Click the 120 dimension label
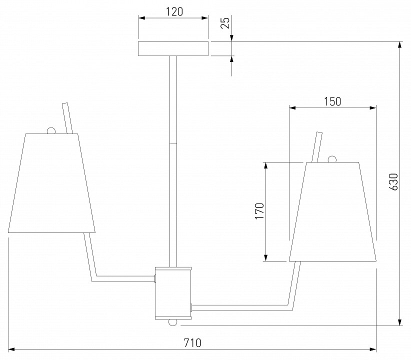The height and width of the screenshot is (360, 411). pyautogui.click(x=174, y=11)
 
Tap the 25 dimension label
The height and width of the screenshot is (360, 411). pyautogui.click(x=225, y=22)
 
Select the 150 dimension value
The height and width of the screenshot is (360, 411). pyautogui.click(x=332, y=101)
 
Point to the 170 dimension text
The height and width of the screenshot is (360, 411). pyautogui.click(x=259, y=211)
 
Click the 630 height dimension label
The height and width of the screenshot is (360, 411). pyautogui.click(x=393, y=181)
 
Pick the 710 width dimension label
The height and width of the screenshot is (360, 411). pyautogui.click(x=192, y=343)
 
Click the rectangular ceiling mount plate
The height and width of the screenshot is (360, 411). pyautogui.click(x=173, y=48)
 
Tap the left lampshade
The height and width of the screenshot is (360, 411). pyautogui.click(x=51, y=183)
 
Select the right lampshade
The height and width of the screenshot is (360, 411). pyautogui.click(x=332, y=211)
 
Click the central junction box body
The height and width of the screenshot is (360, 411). pyautogui.click(x=173, y=293)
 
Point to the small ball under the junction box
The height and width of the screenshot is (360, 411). pyautogui.click(x=173, y=322)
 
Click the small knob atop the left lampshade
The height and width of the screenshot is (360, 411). pyautogui.click(x=51, y=130)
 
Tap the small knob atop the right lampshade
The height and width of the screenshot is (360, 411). pyautogui.click(x=332, y=159)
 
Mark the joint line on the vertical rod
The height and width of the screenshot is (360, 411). pyautogui.click(x=173, y=143)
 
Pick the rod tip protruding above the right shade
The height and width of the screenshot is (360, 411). pyautogui.click(x=319, y=133)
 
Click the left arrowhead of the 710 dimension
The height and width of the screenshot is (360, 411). pyautogui.click(x=11, y=349)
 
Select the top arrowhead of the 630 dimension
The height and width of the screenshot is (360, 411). pyautogui.click(x=399, y=45)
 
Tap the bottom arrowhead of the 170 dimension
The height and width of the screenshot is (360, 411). pyautogui.click(x=266, y=257)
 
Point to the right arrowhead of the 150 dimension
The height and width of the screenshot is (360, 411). pyautogui.click(x=372, y=108)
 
